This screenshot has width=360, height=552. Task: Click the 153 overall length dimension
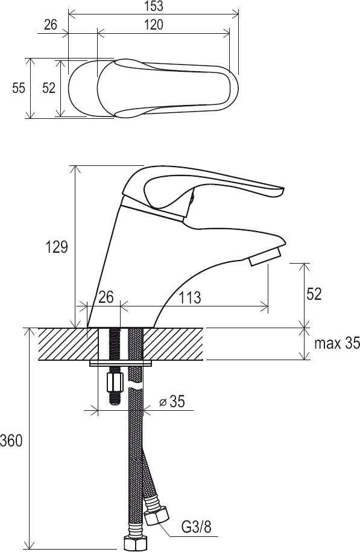click(154, 7)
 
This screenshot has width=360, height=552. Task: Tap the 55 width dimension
click(19, 88)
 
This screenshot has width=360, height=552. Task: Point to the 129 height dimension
click(59, 247)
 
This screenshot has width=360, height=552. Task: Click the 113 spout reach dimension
click(189, 297)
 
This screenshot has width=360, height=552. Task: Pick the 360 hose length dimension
click(11, 441)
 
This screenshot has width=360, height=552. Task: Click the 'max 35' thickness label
click(337, 344)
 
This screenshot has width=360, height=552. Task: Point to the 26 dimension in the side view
click(106, 297)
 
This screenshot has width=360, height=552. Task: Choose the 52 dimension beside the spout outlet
click(314, 294)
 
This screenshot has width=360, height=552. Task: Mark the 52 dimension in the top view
click(49, 88)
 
